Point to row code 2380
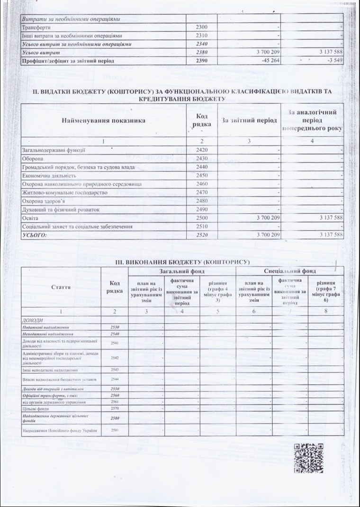click(202, 53)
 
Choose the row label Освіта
click(30, 218)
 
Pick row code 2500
click(202, 218)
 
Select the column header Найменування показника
click(103, 120)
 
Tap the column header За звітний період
click(249, 120)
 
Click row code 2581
click(114, 430)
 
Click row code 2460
click(202, 184)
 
